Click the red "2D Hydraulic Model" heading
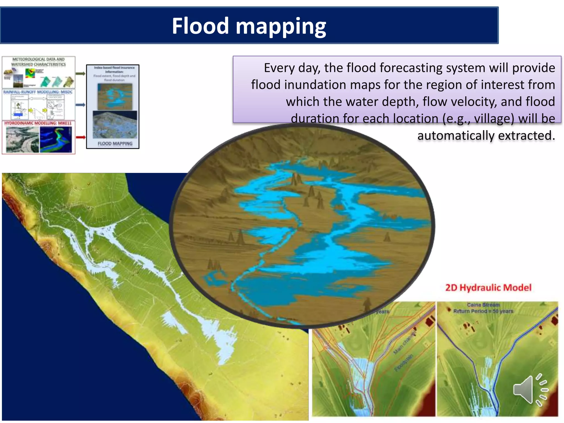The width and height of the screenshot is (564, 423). click(x=488, y=288)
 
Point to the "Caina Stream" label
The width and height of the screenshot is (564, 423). click(x=483, y=305)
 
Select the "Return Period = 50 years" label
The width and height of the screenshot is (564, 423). click(x=483, y=311)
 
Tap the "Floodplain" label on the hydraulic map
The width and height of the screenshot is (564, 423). click(x=404, y=363)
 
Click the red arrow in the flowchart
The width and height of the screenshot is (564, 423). click(x=81, y=137)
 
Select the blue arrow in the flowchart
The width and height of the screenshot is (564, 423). click(x=80, y=105)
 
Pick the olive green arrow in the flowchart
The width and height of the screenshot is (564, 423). click(x=80, y=74)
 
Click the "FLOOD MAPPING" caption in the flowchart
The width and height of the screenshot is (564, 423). click(x=115, y=143)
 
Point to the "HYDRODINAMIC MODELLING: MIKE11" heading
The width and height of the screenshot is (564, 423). click(x=38, y=123)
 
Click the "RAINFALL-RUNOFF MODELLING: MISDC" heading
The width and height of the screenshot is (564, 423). click(x=38, y=92)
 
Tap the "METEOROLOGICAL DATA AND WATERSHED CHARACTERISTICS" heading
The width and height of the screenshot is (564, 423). click(x=38, y=62)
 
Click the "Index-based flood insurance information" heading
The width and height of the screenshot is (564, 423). click(x=114, y=69)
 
